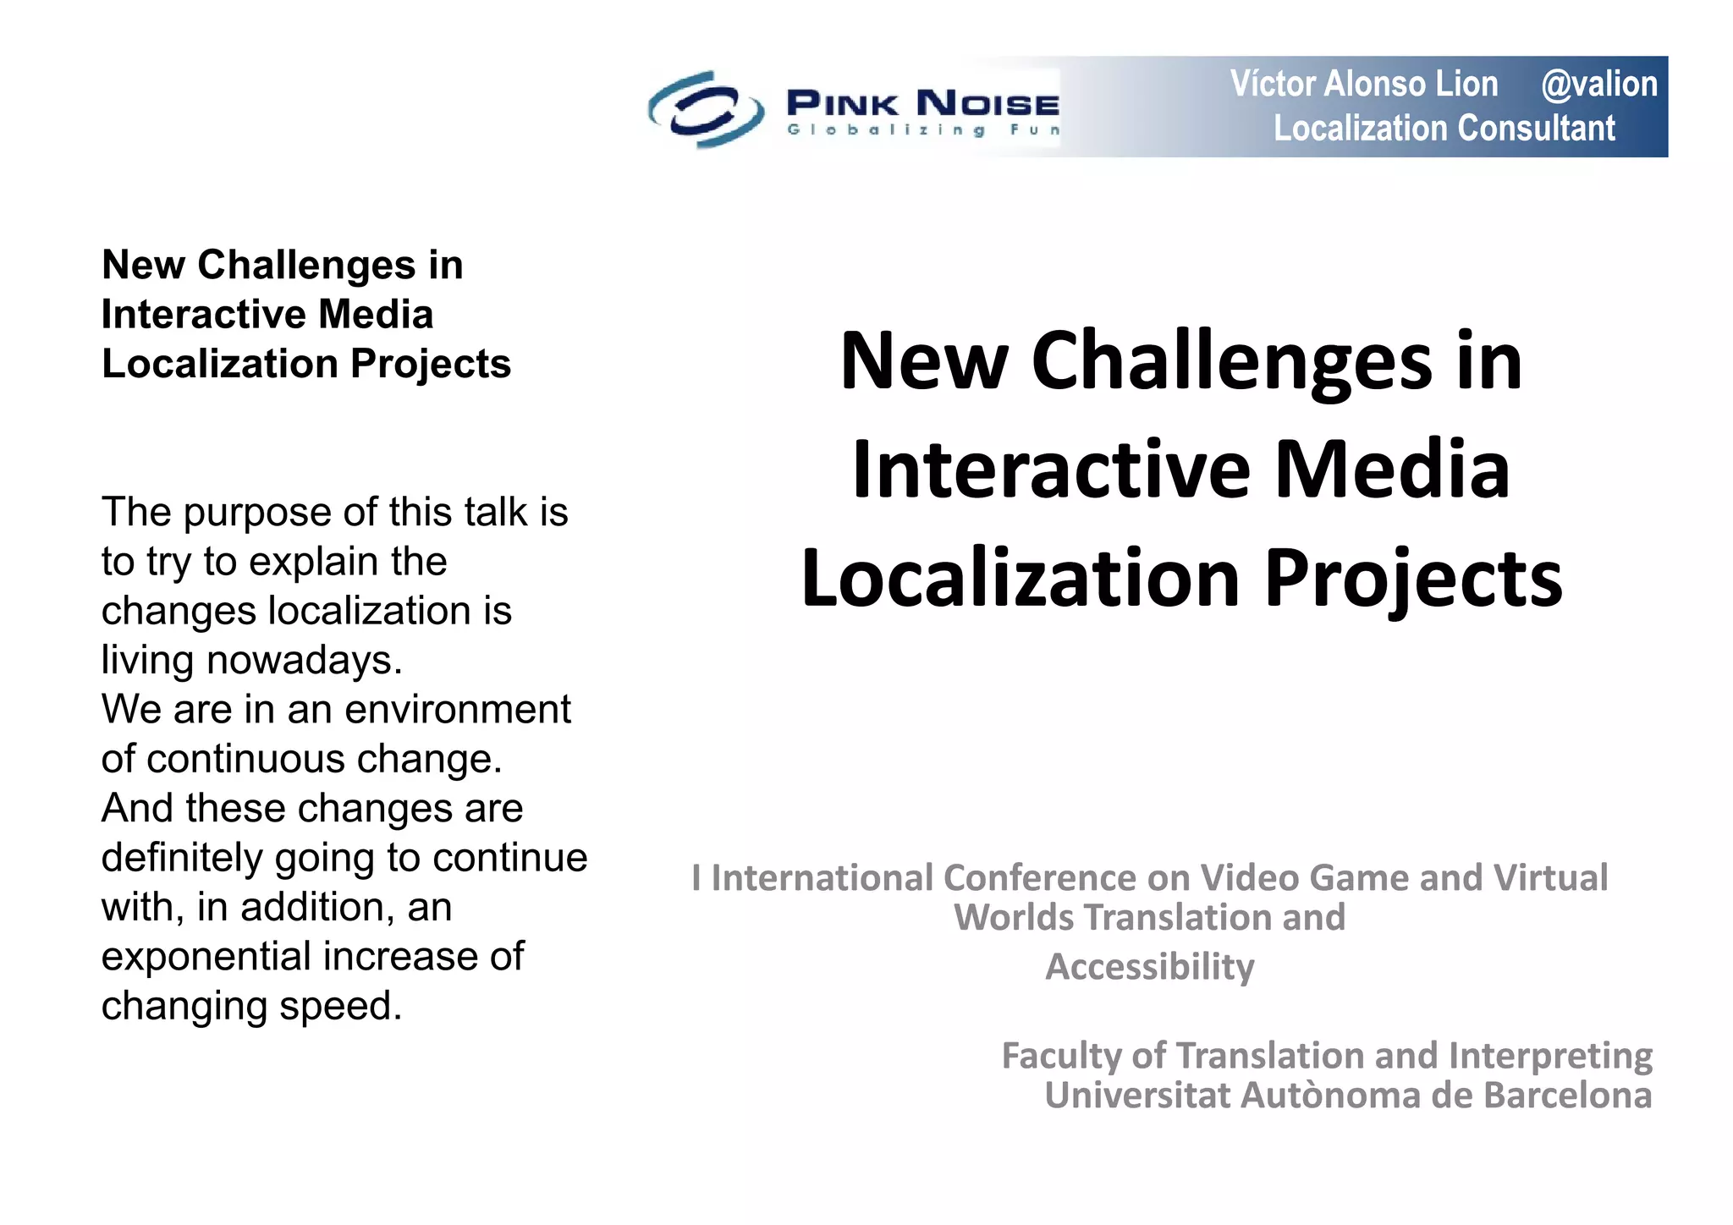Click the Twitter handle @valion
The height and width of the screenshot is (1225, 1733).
[x=1598, y=85]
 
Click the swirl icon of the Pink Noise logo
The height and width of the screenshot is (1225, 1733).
[x=706, y=109]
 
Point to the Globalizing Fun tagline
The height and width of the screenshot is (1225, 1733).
[x=922, y=130]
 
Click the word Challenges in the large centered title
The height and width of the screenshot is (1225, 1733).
[x=1231, y=361]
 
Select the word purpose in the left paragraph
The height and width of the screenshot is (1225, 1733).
[x=256, y=513]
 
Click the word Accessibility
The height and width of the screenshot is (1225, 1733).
[x=1150, y=967]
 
